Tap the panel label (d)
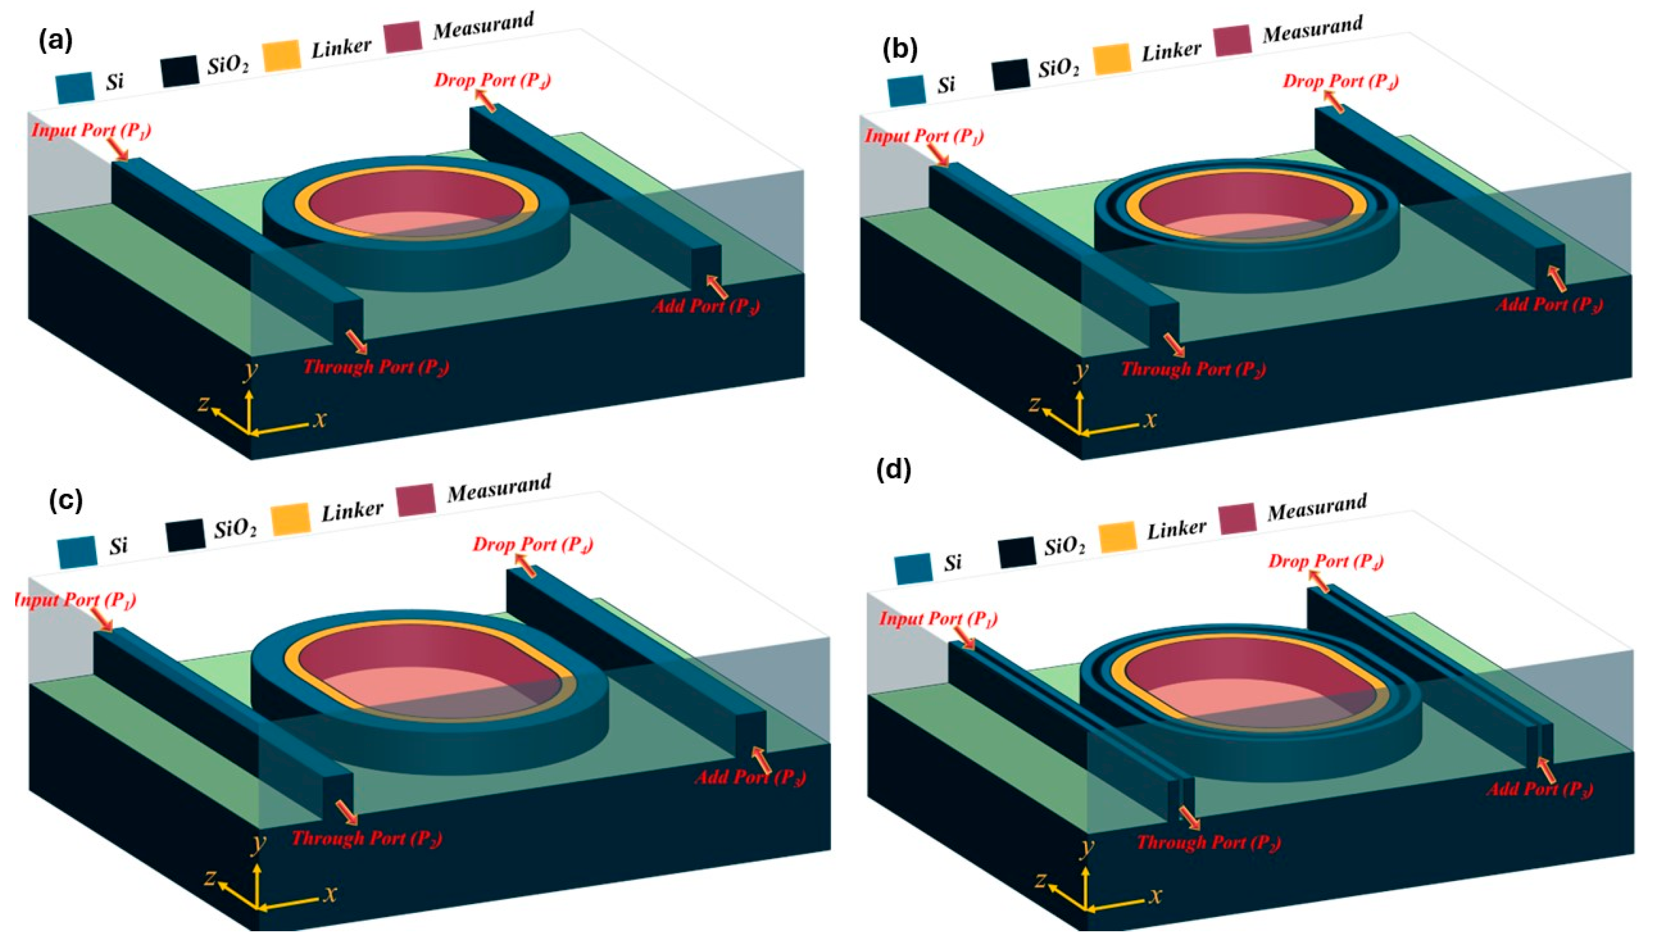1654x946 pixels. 893,470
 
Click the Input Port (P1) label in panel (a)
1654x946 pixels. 91,131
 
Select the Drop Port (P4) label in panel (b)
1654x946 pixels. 1340,82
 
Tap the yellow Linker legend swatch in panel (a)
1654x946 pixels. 281,55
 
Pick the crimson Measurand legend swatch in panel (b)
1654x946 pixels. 1232,40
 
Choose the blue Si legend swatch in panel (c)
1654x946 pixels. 77,552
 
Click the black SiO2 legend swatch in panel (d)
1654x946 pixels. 1017,553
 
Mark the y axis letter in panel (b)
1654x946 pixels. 1081,371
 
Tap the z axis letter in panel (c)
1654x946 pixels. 209,878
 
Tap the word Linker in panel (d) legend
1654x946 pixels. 1176,529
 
